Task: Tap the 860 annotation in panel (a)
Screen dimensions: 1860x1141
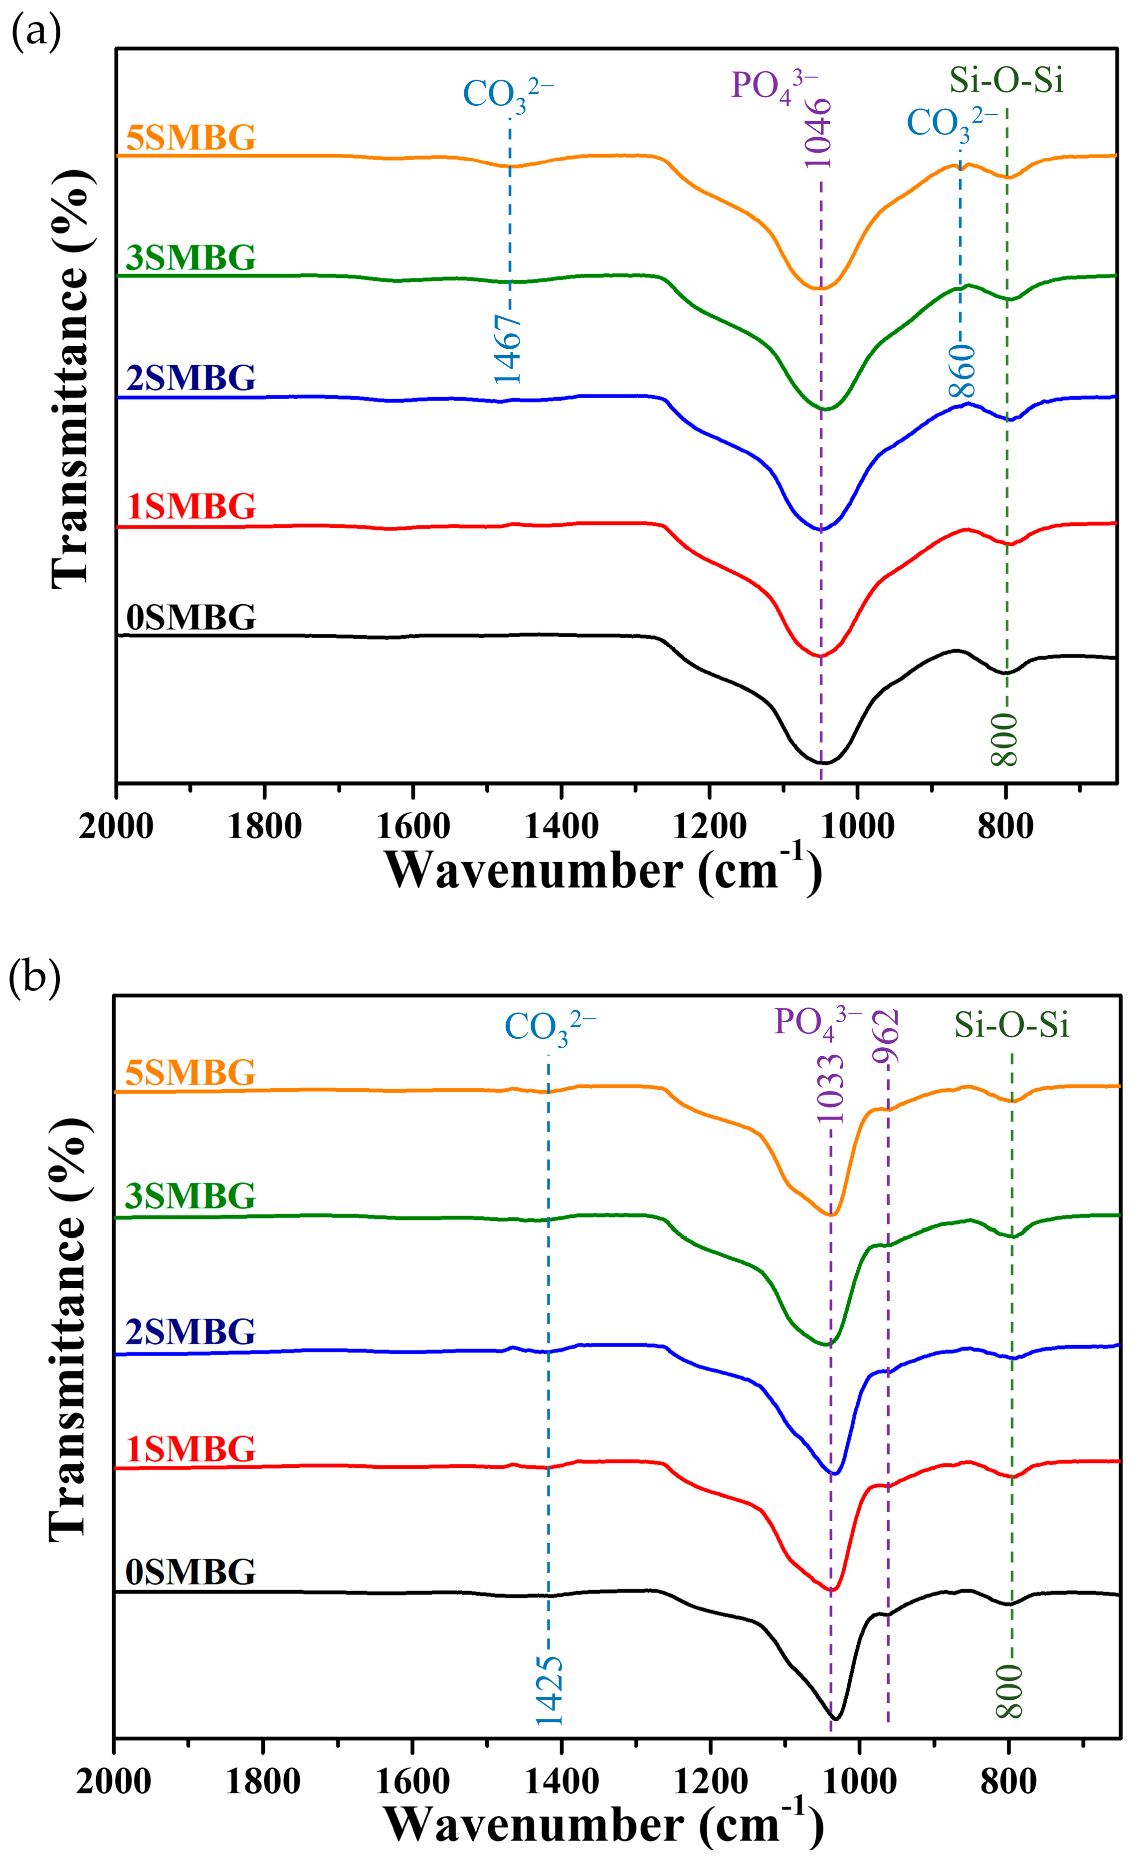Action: coord(962,371)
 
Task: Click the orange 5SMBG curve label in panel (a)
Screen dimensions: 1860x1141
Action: coord(191,139)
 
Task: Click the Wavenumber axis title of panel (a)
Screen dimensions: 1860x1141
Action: coord(602,870)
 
